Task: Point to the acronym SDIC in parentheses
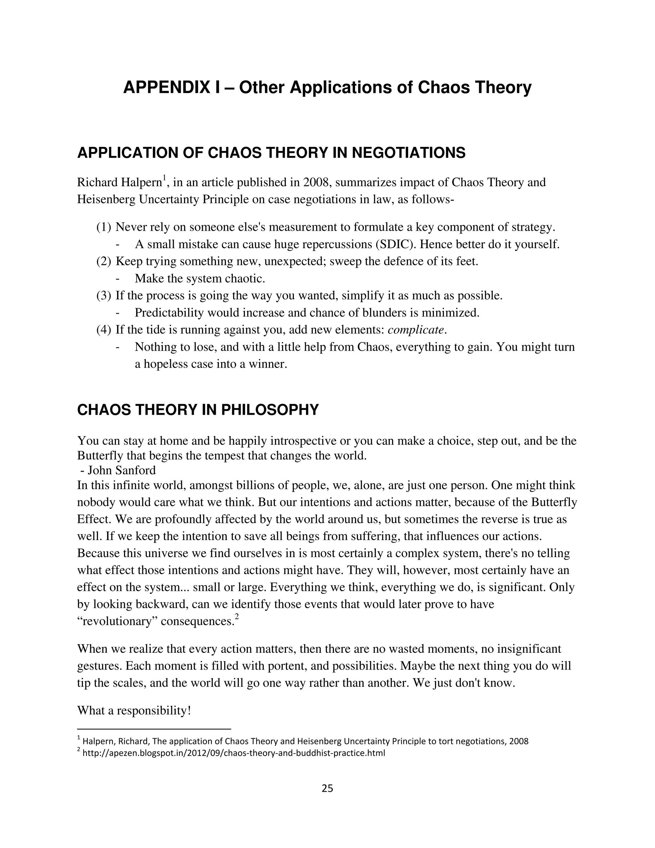pyautogui.click(x=395, y=244)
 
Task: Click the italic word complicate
pyautogui.click(x=415, y=330)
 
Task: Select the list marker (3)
pyautogui.click(x=104, y=296)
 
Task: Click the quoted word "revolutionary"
pyautogui.click(x=117, y=621)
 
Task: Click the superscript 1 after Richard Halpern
pyautogui.click(x=164, y=178)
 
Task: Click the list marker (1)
pyautogui.click(x=104, y=227)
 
